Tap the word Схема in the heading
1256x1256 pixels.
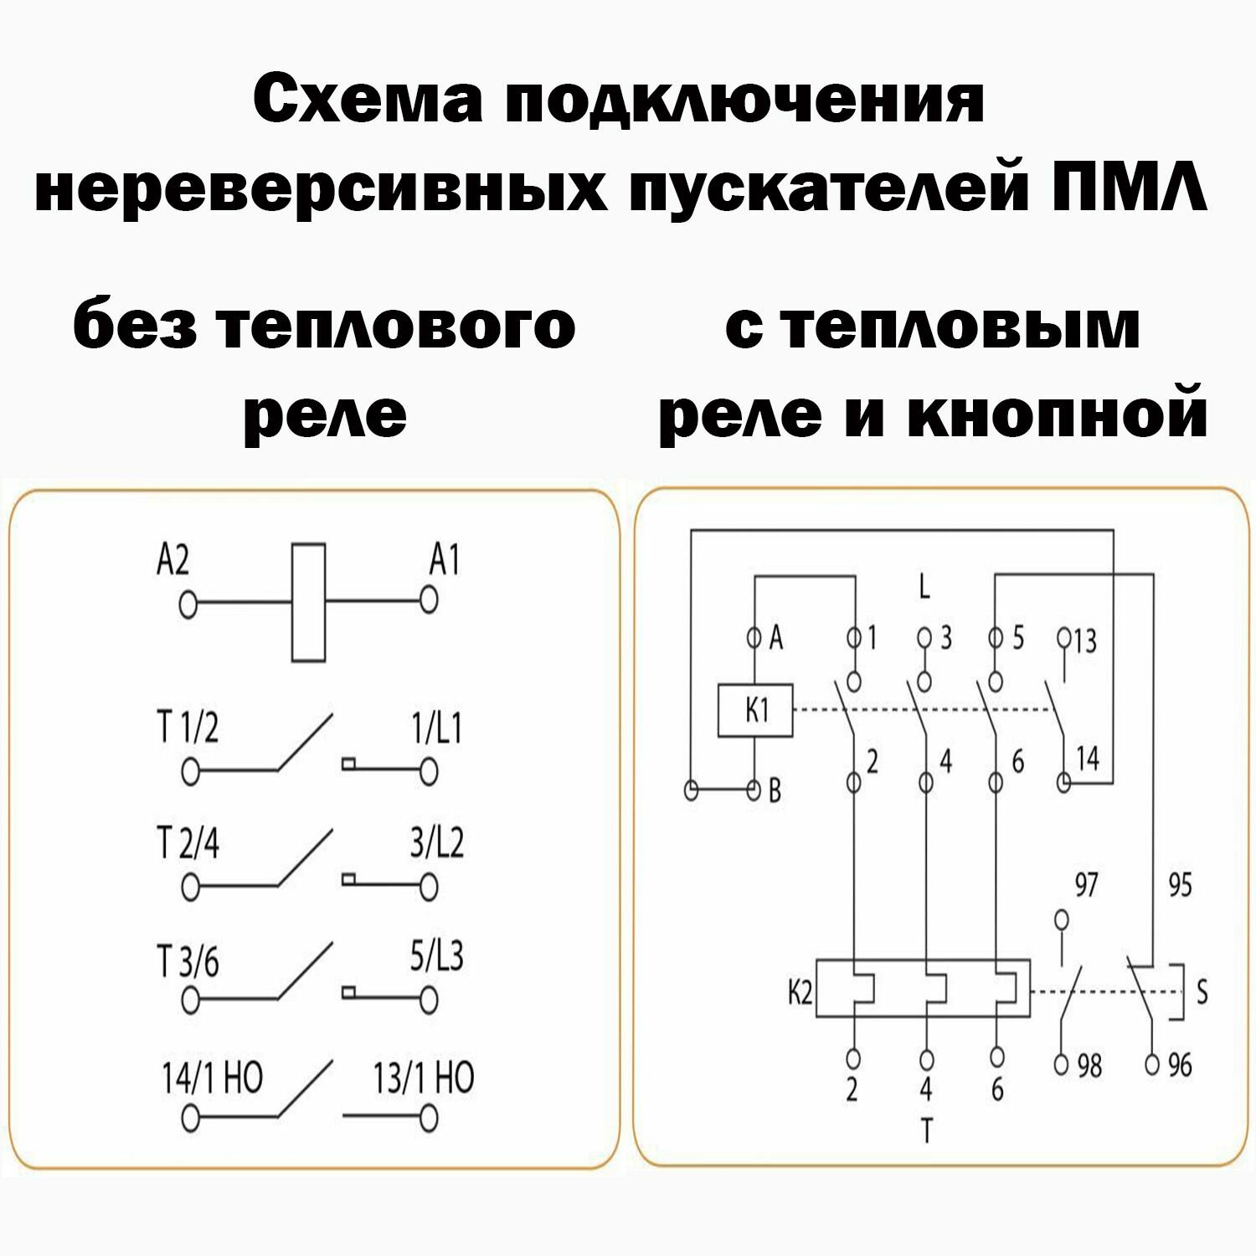(368, 100)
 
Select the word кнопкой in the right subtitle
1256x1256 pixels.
(1057, 414)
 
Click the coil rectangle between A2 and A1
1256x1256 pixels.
(308, 602)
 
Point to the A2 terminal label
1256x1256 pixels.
(172, 560)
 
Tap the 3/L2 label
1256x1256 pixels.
(436, 842)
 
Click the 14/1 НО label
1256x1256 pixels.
(212, 1078)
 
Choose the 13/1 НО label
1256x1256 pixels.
(424, 1078)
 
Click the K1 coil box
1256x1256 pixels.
(755, 712)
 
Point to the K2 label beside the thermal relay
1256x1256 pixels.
(800, 993)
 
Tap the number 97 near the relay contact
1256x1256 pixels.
(1086, 885)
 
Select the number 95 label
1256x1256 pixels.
(1179, 885)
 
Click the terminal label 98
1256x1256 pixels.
(1089, 1066)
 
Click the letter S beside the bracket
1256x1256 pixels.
(1202, 993)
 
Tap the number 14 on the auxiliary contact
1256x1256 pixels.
(1087, 759)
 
